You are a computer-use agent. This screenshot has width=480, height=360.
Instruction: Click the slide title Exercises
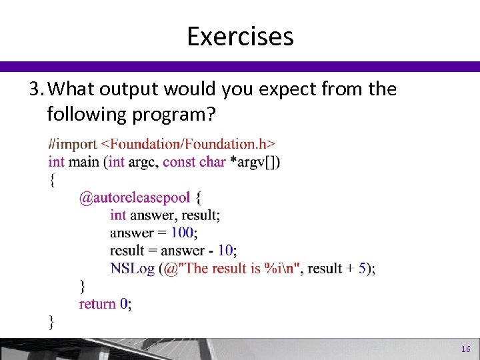(240, 36)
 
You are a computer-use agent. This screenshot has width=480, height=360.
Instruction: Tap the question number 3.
(36, 89)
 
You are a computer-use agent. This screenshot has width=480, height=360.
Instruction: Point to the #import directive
(72, 143)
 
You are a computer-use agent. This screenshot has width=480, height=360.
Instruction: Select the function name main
(85, 161)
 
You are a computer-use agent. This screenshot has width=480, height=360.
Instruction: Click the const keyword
(179, 161)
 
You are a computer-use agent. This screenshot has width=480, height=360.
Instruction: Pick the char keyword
(212, 161)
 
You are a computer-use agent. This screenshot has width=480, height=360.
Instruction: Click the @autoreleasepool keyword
(135, 197)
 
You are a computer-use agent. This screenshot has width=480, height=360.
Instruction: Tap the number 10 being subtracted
(225, 251)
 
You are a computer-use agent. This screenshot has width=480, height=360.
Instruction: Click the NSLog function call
(132, 269)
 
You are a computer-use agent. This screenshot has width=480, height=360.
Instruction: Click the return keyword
(97, 304)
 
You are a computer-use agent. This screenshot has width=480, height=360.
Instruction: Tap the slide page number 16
(465, 349)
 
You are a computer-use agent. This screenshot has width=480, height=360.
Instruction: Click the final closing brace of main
(51, 322)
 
